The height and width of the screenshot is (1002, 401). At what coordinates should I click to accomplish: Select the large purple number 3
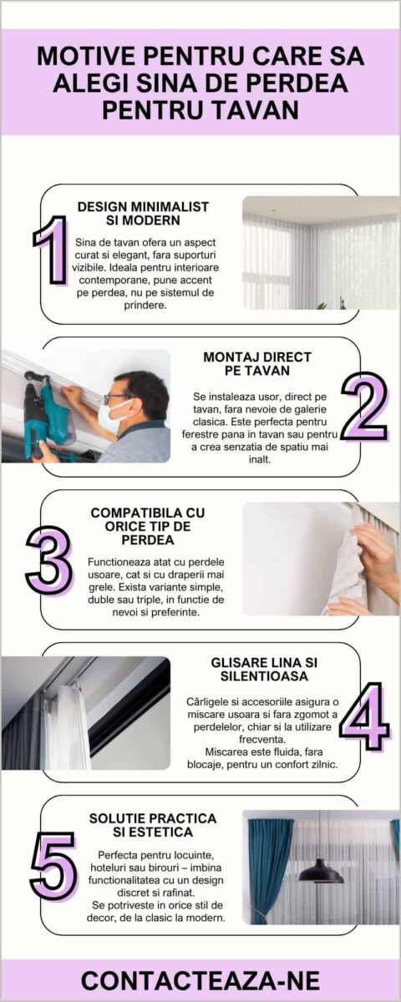pos(48,560)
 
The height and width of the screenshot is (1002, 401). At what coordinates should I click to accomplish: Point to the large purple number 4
pos(365,716)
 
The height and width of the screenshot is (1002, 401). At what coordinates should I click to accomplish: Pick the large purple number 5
pos(53,866)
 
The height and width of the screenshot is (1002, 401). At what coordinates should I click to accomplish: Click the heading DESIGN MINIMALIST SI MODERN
pos(143,214)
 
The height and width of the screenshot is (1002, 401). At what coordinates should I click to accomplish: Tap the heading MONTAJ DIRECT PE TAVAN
pos(257,364)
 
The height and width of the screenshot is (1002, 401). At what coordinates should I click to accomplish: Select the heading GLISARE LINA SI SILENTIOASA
pos(264,669)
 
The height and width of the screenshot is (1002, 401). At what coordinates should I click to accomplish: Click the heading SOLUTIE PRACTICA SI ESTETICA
pos(153,825)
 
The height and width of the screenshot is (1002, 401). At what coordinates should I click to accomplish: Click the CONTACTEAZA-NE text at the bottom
pos(200,981)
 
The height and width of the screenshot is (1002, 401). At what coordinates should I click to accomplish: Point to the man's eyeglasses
pos(117,397)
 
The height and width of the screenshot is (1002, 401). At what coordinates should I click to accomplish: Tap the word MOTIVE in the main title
pos(86,57)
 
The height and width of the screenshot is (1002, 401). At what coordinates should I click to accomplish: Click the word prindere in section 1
pos(145,306)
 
